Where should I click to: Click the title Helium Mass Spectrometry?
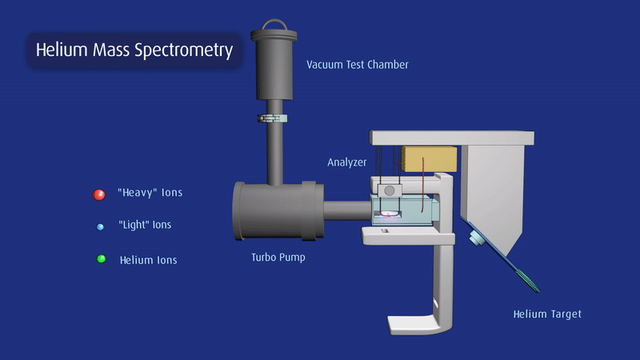pyautogui.click(x=134, y=50)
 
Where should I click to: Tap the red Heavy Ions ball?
pyautogui.click(x=98, y=194)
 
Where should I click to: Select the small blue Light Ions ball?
pyautogui.click(x=100, y=227)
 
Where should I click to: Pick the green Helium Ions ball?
pyautogui.click(x=102, y=258)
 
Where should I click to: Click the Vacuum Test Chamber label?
pyautogui.click(x=358, y=65)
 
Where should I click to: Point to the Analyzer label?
pyautogui.click(x=347, y=162)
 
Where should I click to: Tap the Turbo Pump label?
pyautogui.click(x=278, y=258)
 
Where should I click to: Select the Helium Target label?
pyautogui.click(x=547, y=314)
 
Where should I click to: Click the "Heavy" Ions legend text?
pyautogui.click(x=150, y=193)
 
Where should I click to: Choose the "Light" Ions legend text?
pyautogui.click(x=145, y=225)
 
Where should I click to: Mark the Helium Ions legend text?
pyautogui.click(x=149, y=261)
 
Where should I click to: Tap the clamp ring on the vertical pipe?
pyautogui.click(x=272, y=118)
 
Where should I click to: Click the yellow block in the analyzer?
pyautogui.click(x=429, y=159)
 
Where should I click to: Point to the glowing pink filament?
pyautogui.click(x=389, y=214)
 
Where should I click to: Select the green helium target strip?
pyautogui.click(x=528, y=281)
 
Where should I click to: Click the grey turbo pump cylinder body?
pyautogui.click(x=278, y=210)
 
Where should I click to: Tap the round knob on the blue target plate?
pyautogui.click(x=477, y=238)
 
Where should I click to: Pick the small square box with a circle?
pyautogui.click(x=390, y=190)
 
